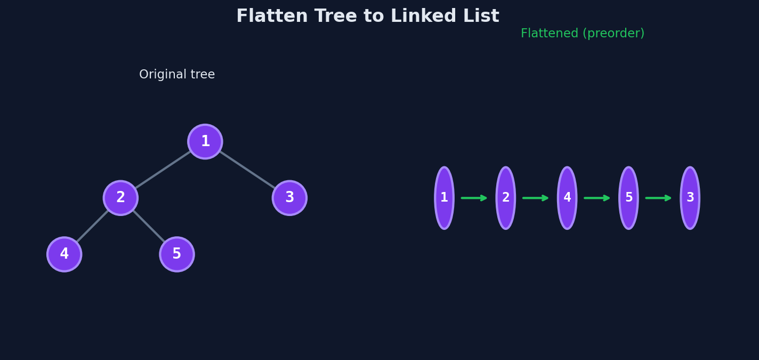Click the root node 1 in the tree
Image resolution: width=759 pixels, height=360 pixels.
pyautogui.click(x=205, y=141)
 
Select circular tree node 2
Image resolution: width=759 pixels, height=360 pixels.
pyautogui.click(x=120, y=198)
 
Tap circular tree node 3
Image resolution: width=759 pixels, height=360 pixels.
pyautogui.click(x=289, y=198)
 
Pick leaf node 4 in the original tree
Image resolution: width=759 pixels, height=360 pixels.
pyautogui.click(x=64, y=254)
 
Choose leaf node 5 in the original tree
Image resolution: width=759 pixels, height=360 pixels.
pyautogui.click(x=177, y=254)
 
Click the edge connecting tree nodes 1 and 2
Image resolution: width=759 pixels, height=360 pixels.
pyautogui.click(x=163, y=170)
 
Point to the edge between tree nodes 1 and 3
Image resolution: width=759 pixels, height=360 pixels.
pyautogui.click(x=247, y=170)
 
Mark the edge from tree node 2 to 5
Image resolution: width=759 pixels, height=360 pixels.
pyautogui.click(x=149, y=226)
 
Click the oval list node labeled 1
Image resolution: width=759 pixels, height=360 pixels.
pyautogui.click(x=444, y=198)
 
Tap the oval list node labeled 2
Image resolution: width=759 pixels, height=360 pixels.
pyautogui.click(x=505, y=198)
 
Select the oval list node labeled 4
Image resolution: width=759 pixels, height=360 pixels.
pyautogui.click(x=567, y=198)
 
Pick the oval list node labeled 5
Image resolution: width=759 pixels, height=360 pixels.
pyautogui.click(x=628, y=198)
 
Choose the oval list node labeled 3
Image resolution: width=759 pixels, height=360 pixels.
pyautogui.click(x=690, y=198)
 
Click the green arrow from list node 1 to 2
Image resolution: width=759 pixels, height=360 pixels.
pyautogui.click(x=474, y=198)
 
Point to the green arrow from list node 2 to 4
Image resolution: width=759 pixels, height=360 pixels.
pyautogui.click(x=536, y=198)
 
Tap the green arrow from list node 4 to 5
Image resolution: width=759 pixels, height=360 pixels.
pyautogui.click(x=597, y=198)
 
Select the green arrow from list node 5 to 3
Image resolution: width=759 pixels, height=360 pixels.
pyautogui.click(x=658, y=198)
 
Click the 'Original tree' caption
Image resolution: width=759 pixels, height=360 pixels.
pyautogui.click(x=177, y=74)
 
